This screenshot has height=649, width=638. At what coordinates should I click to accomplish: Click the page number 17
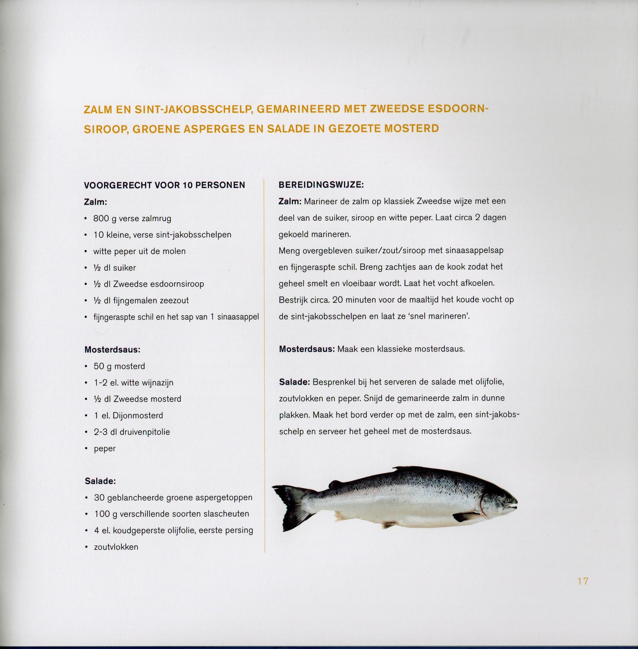[583, 581]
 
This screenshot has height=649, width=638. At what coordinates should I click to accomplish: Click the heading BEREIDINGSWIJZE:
[321, 184]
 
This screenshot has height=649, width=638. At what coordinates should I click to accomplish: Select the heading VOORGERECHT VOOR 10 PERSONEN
[164, 185]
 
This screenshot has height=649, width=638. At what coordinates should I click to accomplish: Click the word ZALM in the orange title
[98, 110]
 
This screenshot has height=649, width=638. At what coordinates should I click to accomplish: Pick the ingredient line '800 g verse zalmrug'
[132, 218]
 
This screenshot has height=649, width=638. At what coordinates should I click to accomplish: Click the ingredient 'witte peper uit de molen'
[139, 251]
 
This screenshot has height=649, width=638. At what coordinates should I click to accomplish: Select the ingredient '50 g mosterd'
[119, 366]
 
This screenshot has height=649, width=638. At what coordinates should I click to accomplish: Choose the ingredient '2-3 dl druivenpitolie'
[132, 432]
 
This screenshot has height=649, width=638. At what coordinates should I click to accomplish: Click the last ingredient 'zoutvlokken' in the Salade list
[116, 547]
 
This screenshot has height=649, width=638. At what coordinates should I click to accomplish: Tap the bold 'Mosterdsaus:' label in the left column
[112, 349]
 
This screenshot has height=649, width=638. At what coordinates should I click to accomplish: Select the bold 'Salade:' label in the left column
[100, 481]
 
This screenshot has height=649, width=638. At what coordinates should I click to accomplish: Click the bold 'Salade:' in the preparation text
[294, 382]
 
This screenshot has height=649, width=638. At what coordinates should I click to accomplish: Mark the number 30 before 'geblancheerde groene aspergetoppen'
[99, 497]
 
